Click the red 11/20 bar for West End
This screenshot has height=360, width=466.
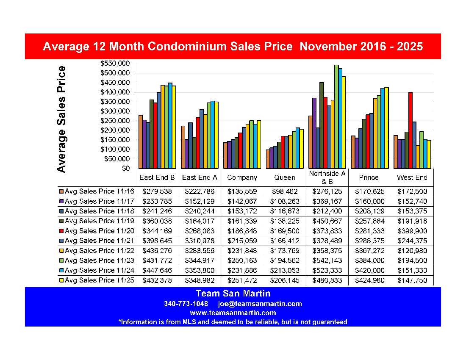[410, 130]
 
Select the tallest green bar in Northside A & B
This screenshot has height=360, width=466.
[336, 116]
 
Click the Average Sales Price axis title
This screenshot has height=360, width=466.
[62, 119]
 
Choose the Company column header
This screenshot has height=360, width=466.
[242, 177]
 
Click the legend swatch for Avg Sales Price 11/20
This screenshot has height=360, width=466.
[61, 231]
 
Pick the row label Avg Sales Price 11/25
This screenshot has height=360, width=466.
[100, 280]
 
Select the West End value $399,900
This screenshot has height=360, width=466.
[412, 231]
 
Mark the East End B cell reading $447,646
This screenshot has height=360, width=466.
[157, 270]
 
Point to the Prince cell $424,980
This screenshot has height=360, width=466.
[369, 280]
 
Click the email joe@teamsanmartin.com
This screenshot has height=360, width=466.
[260, 304]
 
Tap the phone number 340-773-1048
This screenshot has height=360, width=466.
[186, 304]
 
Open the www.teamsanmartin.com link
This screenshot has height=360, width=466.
[233, 313]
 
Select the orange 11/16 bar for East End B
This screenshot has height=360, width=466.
[141, 142]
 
